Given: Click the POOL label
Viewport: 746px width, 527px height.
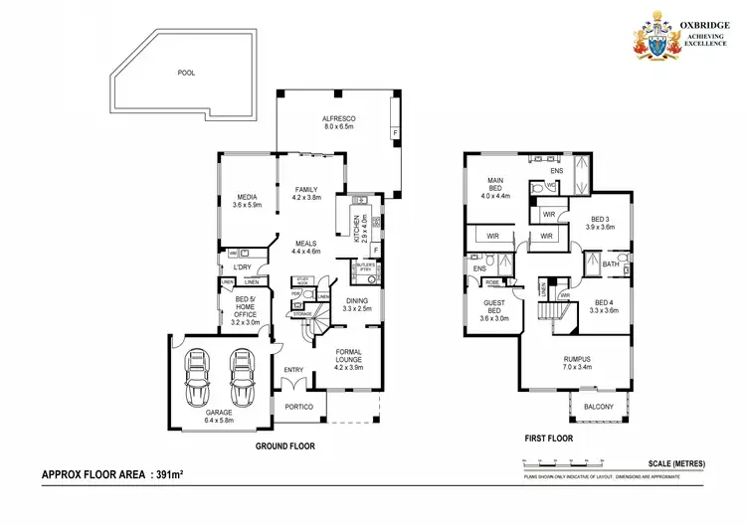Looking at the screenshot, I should pyautogui.click(x=186, y=73).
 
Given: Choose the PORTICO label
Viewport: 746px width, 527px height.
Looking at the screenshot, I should pyautogui.click(x=299, y=408).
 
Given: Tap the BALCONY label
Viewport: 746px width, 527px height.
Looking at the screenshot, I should pyautogui.click(x=598, y=407).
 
